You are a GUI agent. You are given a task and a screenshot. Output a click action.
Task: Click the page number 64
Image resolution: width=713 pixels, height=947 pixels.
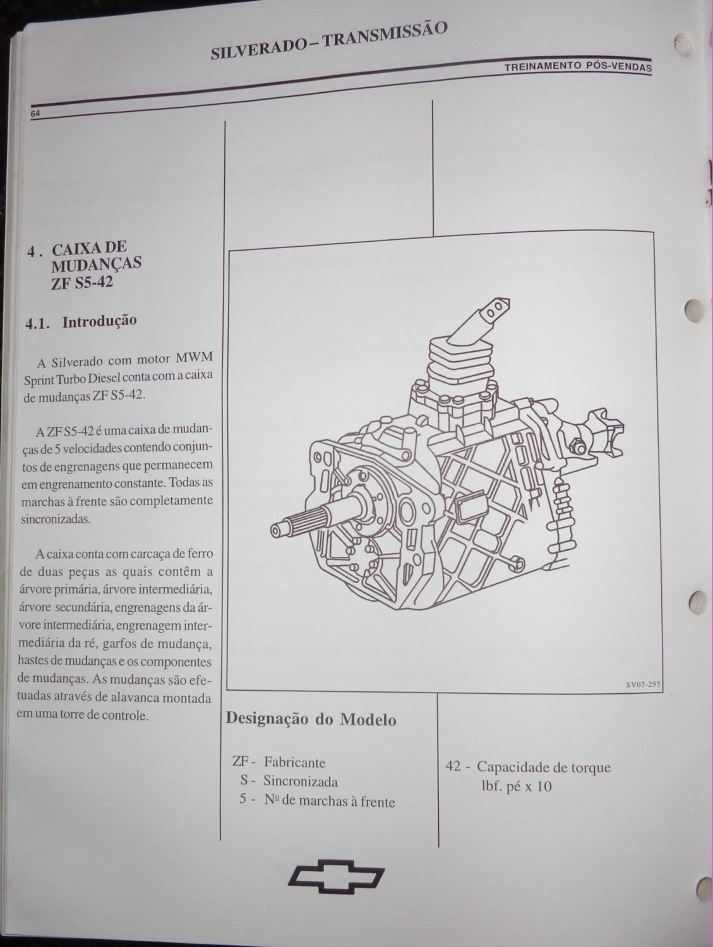coord(35,114)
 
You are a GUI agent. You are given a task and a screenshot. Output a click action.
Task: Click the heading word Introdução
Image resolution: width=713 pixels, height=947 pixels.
coord(100,321)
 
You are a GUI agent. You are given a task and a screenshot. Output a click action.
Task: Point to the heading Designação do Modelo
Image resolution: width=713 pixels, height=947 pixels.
coord(311,718)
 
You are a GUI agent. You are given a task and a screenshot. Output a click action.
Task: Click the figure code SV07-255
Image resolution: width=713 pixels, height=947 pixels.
coord(644,684)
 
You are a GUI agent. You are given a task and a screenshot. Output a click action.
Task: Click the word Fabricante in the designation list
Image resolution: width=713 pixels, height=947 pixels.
coord(294,763)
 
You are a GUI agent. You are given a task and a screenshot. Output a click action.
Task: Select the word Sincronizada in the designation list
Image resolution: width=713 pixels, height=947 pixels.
coord(301,782)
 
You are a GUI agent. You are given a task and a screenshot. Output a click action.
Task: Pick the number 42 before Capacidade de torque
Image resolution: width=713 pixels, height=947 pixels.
coord(453,767)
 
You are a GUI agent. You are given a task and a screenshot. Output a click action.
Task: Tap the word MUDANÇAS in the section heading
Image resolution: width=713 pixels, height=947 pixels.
coord(96,263)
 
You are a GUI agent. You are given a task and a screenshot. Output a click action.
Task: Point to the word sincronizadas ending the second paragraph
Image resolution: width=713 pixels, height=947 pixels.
coord(56,518)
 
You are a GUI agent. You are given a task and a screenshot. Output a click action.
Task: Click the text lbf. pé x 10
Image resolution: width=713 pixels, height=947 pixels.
coord(516,786)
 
